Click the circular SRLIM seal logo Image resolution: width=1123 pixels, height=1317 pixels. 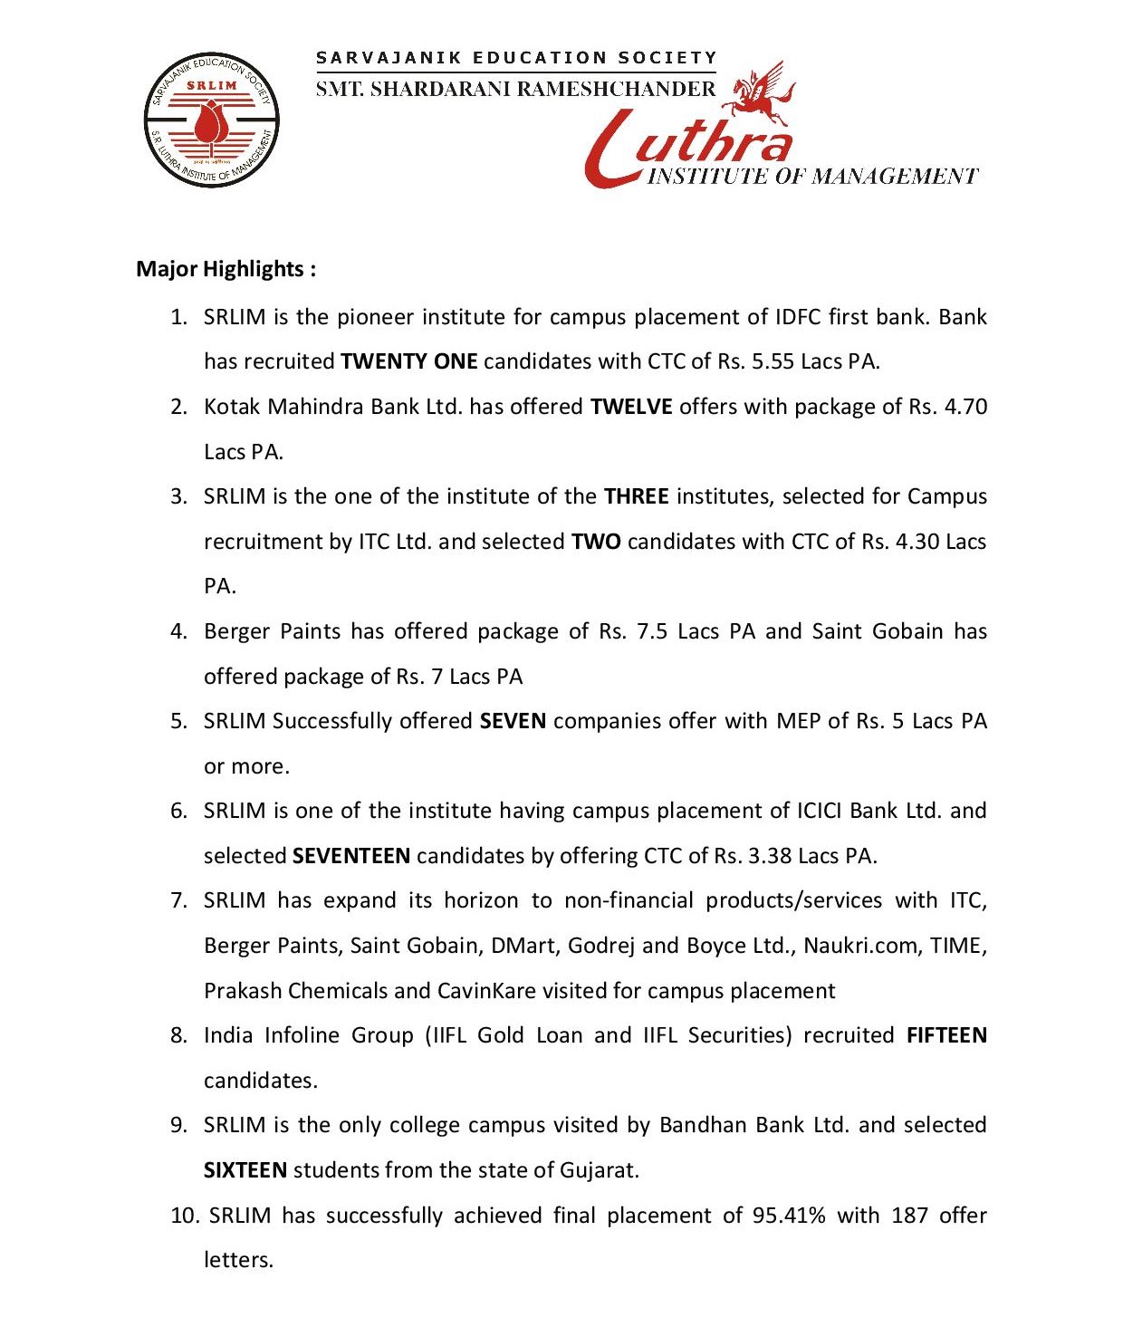click(211, 120)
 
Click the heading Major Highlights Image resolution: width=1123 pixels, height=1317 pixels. click(226, 269)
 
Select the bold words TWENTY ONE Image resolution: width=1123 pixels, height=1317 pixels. click(408, 361)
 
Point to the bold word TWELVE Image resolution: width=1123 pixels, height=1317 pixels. click(631, 407)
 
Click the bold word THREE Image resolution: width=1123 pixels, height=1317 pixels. click(636, 496)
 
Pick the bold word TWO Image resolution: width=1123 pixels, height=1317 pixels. click(596, 542)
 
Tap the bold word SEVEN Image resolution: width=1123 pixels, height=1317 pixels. click(513, 721)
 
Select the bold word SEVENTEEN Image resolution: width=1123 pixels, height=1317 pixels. click(351, 856)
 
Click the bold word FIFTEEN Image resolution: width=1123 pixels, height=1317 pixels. click(946, 1035)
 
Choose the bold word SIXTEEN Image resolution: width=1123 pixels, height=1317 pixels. click(245, 1170)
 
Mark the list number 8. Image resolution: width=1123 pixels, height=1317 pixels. click(178, 1035)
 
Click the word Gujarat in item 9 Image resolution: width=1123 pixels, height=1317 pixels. click(598, 1170)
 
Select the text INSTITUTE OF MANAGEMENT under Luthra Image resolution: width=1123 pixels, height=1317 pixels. click(812, 176)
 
